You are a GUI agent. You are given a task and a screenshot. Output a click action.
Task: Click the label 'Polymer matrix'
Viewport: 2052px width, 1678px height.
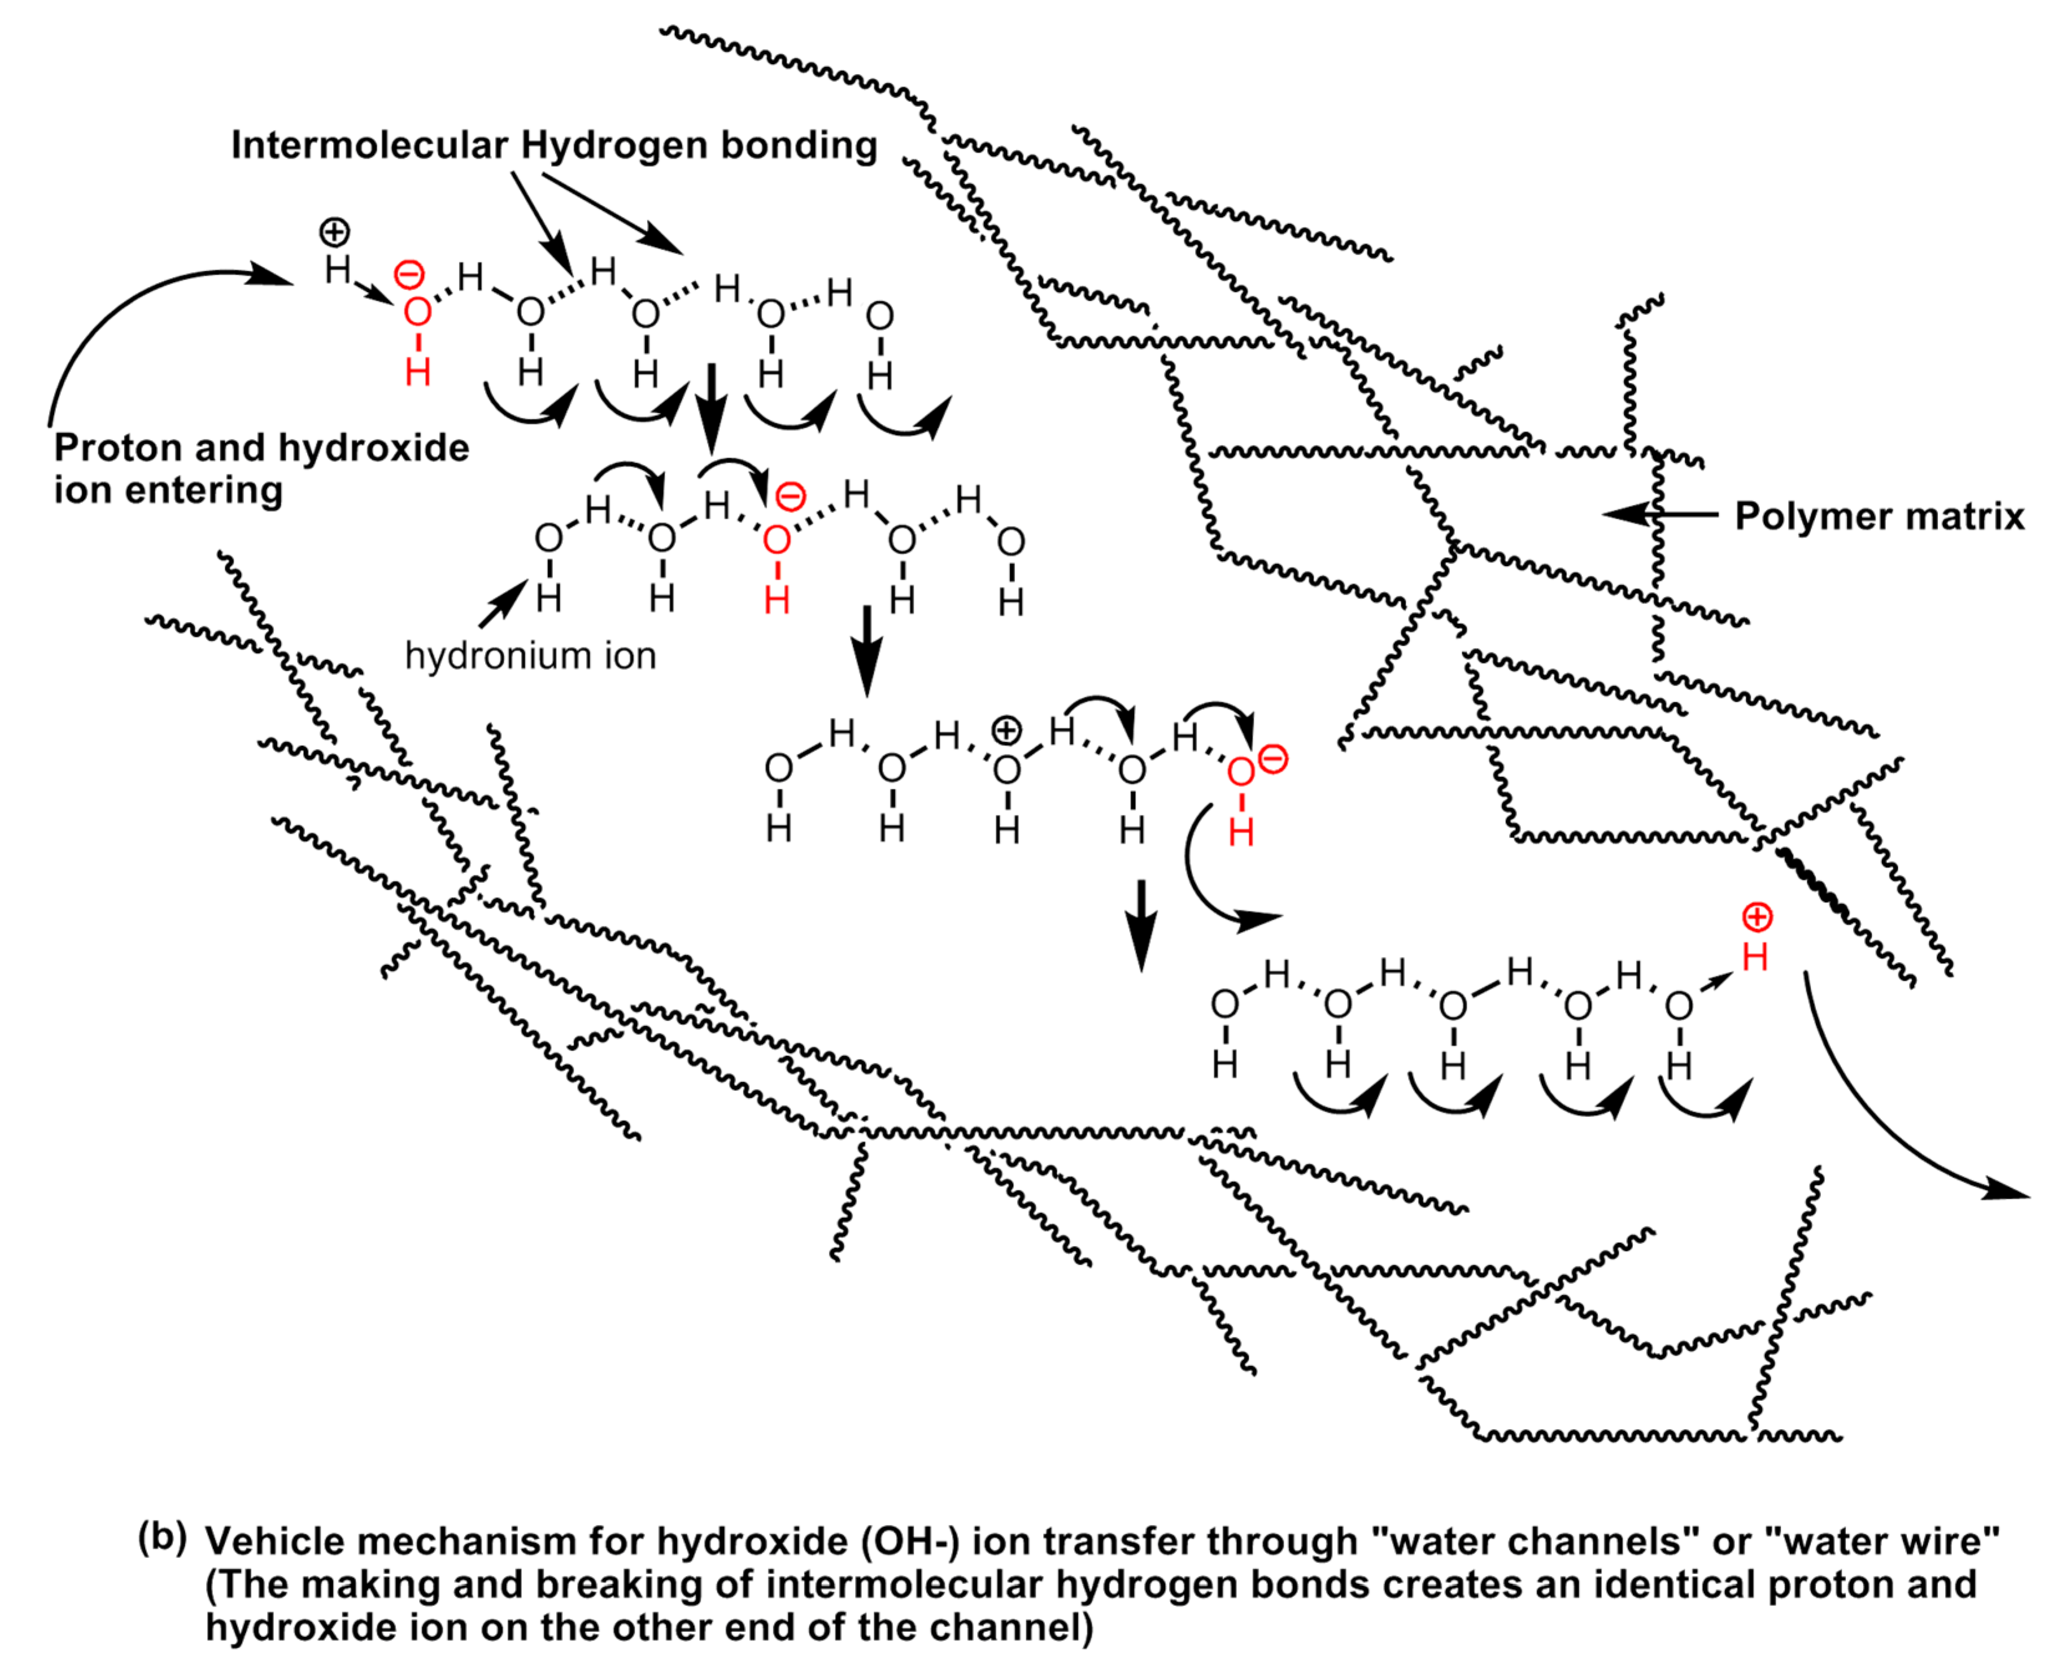[x=1878, y=516]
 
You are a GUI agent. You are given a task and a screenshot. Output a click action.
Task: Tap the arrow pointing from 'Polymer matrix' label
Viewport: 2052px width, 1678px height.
[x=1658, y=514]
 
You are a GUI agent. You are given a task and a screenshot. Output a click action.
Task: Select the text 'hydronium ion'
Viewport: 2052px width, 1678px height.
[x=530, y=656]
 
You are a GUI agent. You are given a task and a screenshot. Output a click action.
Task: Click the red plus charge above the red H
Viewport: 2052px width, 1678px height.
[x=1756, y=917]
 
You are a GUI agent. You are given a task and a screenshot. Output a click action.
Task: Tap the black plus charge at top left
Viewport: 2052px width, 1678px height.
[x=334, y=232]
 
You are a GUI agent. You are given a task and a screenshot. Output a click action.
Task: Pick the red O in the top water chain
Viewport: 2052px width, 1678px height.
[x=417, y=312]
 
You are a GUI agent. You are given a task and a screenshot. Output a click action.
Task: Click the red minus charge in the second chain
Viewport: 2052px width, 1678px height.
[x=791, y=497]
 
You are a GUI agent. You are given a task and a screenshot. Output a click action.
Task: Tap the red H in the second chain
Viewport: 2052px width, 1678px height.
[x=776, y=600]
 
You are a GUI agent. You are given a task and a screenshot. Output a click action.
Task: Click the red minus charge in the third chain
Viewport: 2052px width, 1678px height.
[x=1274, y=760]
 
